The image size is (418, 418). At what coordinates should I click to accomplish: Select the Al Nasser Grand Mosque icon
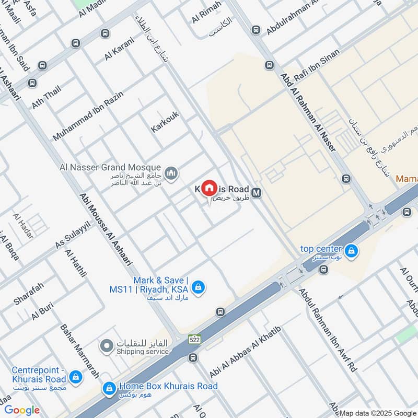tap(171, 172)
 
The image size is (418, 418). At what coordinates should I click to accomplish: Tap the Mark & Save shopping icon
tap(198, 287)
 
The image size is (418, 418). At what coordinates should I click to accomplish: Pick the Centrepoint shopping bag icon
tap(75, 376)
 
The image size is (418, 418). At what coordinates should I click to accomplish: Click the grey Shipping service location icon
tap(107, 346)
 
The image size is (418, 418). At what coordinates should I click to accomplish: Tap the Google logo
tap(22, 410)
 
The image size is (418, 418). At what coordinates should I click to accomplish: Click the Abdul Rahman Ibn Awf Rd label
tap(328, 331)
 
